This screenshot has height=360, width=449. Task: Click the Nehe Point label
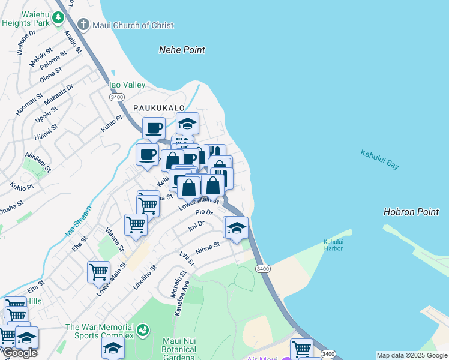(182, 50)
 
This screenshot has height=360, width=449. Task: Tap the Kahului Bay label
(379, 160)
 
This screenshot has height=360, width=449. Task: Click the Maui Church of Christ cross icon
(83, 25)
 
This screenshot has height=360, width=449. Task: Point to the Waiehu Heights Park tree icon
(58, 18)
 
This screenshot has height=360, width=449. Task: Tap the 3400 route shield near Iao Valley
(117, 97)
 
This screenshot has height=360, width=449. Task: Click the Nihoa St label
(208, 247)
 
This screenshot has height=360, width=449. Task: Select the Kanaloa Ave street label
(182, 298)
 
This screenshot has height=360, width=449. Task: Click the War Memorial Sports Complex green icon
(142, 329)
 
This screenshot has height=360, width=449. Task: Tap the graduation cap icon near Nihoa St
(237, 228)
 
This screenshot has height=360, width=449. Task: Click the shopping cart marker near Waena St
(136, 225)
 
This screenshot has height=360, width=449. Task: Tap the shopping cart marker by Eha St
(98, 272)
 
